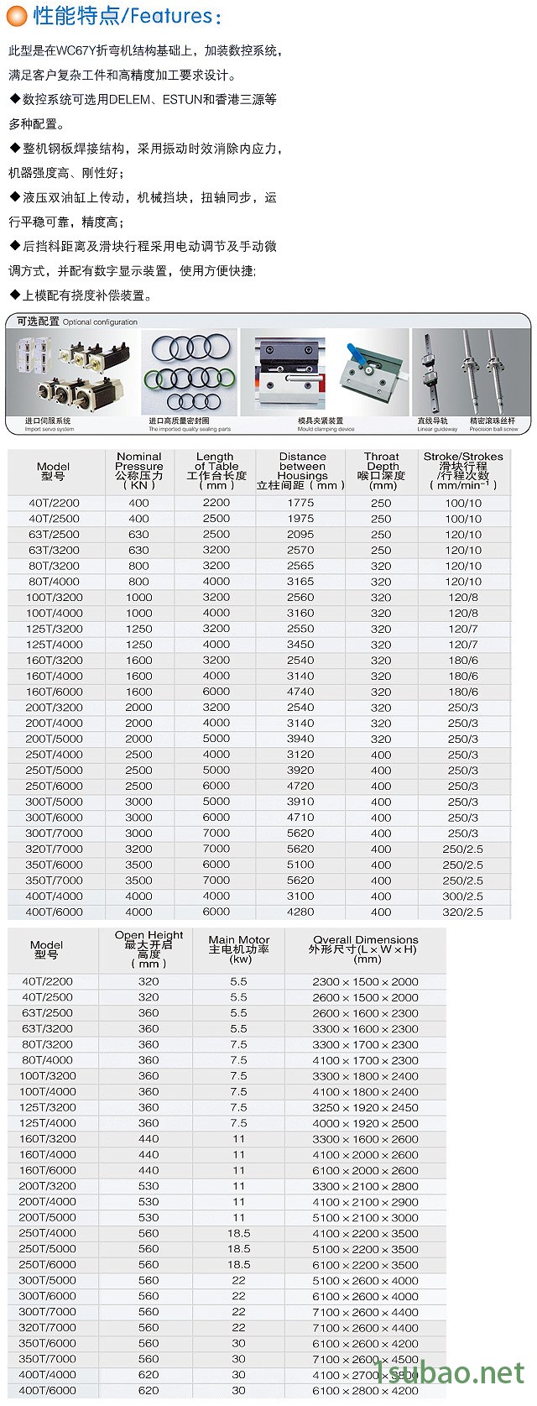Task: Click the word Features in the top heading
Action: [x=171, y=16]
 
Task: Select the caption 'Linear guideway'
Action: [x=437, y=429]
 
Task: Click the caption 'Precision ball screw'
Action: [x=493, y=429]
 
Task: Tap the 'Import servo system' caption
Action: [x=50, y=429]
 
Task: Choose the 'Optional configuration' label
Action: [x=100, y=322]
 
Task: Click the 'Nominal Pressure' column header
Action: [x=139, y=462]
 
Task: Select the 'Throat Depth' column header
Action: [x=382, y=462]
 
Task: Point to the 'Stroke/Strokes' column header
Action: [x=463, y=457]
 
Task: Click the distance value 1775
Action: [x=300, y=503]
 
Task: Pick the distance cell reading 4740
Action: [x=300, y=692]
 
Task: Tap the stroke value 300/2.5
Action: [x=463, y=896]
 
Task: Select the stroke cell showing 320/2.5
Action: [x=463, y=912]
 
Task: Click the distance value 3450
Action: [x=300, y=645]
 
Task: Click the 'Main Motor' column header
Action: [x=239, y=940]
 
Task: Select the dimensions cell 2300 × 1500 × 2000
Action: [x=365, y=981]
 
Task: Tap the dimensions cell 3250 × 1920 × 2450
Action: [x=365, y=1107]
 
